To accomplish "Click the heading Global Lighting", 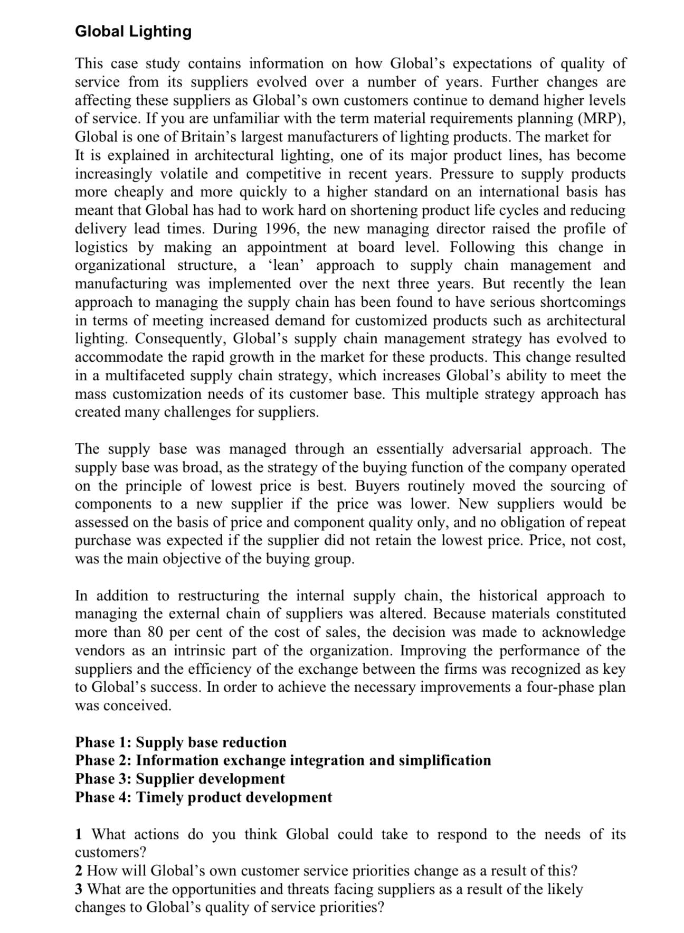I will pos(133,31).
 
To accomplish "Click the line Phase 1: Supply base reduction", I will pos(180,742).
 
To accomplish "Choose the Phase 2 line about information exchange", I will pos(282,761).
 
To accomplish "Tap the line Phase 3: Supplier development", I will pos(179,779).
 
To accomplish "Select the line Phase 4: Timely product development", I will pos(203,797).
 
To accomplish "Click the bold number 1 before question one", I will pos(79,835).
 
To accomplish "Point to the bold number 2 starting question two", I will pos(79,871).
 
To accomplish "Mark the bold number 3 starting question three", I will pos(79,890).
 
